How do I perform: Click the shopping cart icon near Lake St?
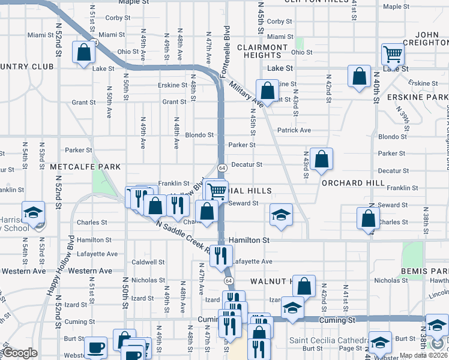tap(393, 55)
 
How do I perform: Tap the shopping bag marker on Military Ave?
tap(268, 91)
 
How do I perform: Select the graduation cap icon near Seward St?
tap(280, 214)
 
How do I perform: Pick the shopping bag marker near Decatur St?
tap(322, 160)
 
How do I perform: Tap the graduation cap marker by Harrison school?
tap(34, 212)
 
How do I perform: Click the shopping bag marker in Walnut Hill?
tap(304, 287)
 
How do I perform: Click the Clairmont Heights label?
tap(262, 51)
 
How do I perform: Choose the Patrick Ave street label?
tap(294, 130)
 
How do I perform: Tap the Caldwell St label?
tap(148, 262)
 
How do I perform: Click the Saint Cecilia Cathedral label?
tap(330, 340)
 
